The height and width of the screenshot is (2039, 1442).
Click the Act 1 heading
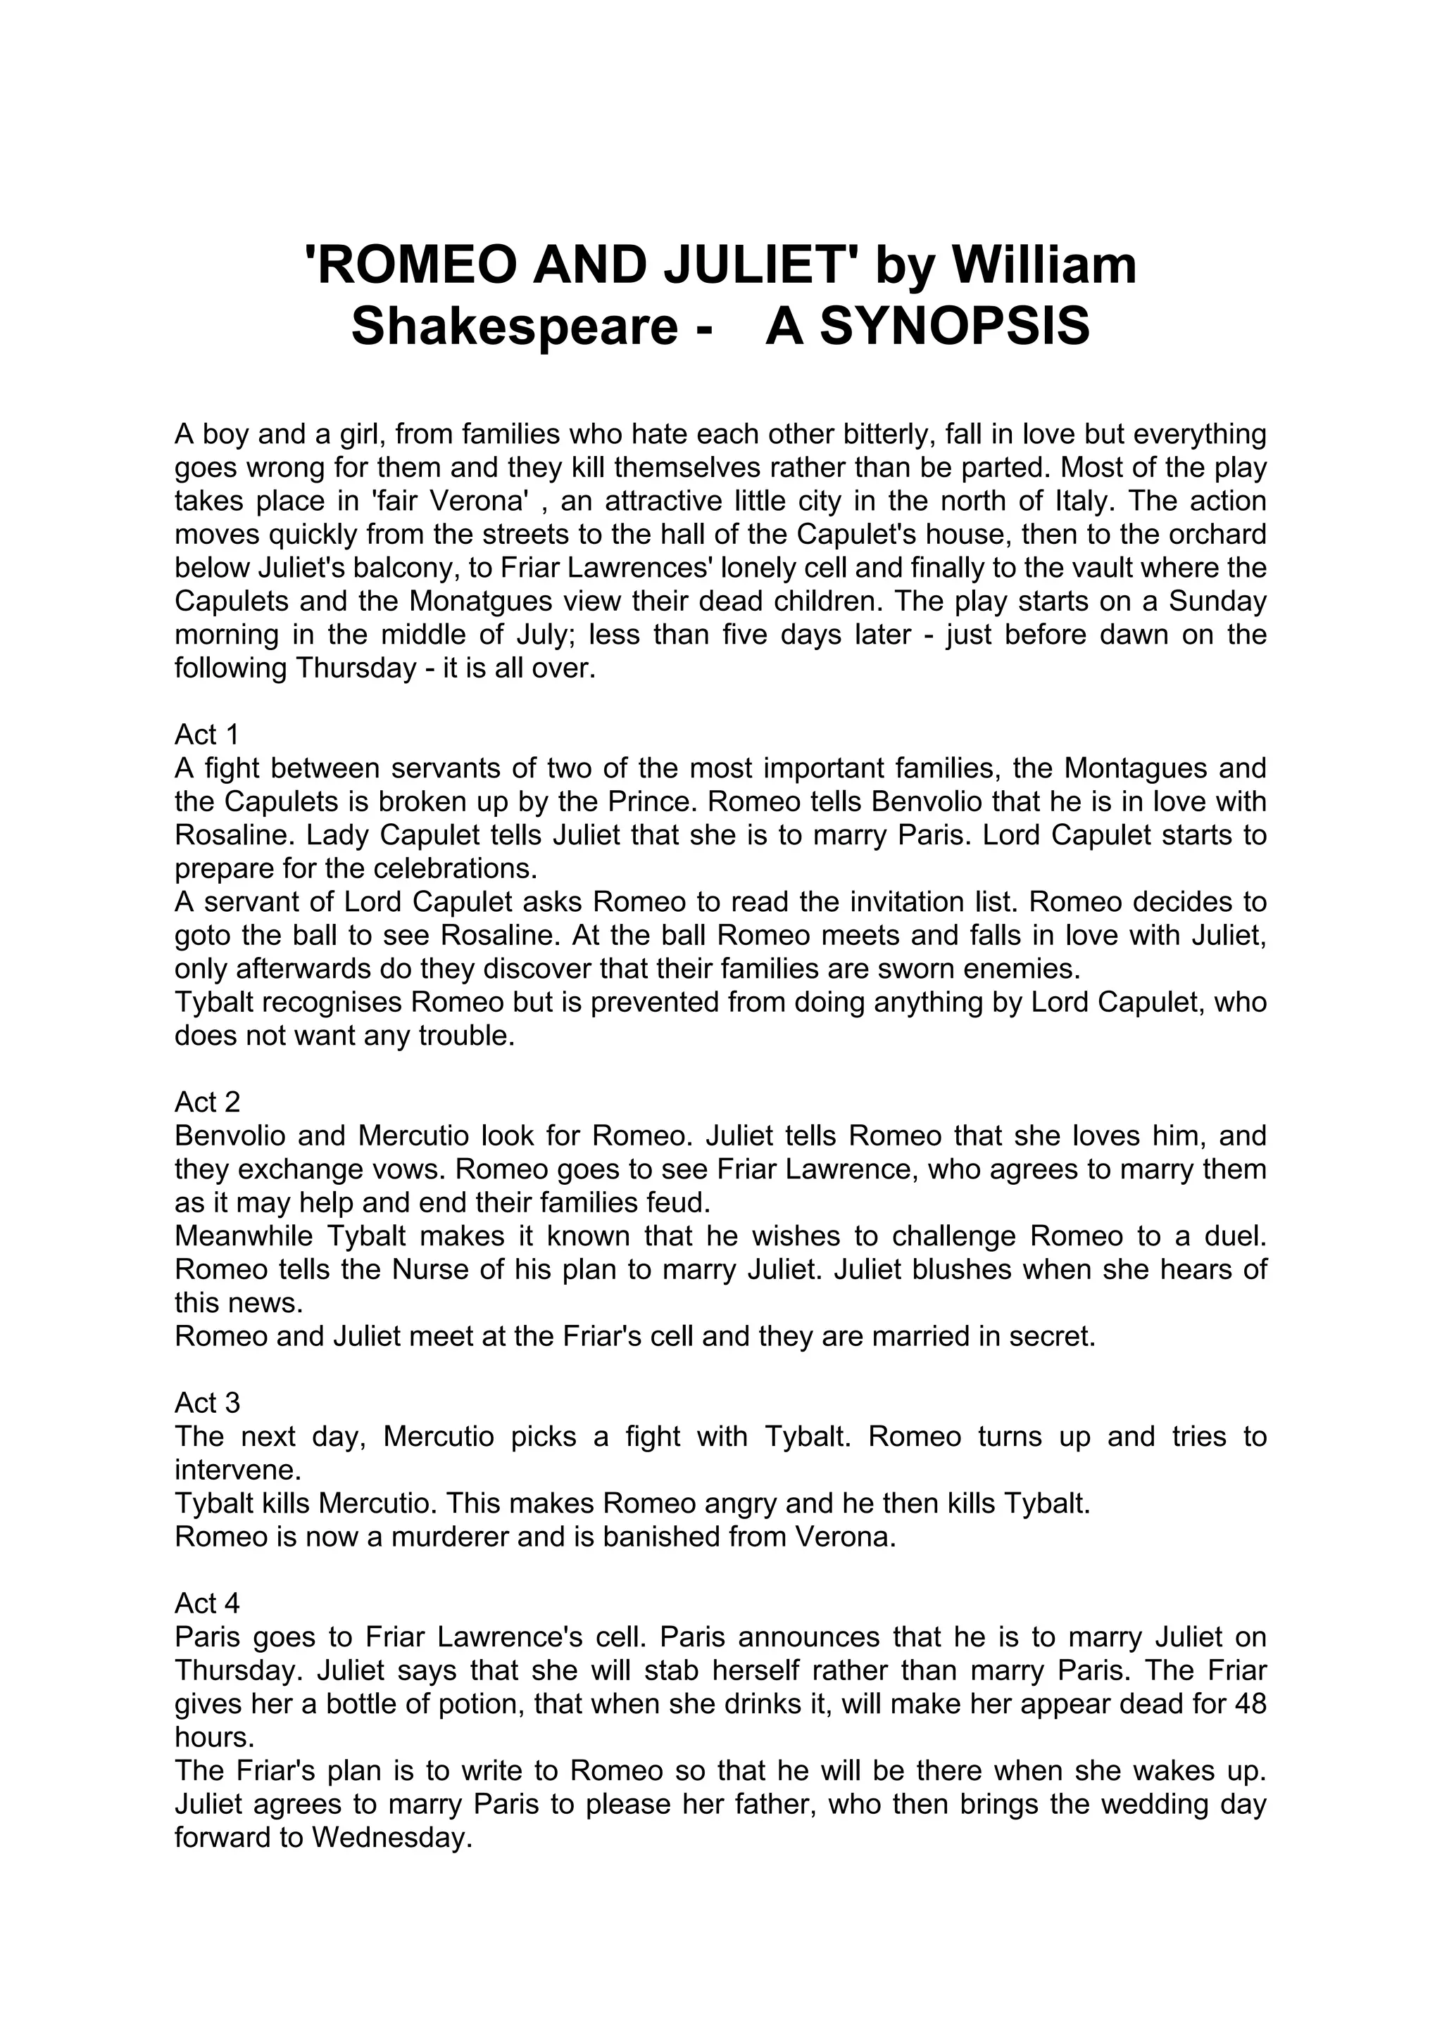[207, 735]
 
